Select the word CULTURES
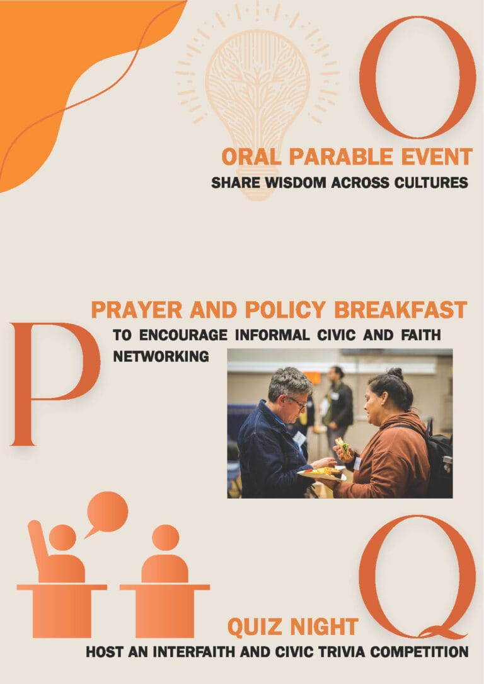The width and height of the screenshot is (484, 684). point(431,182)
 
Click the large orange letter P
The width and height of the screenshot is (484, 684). point(55,384)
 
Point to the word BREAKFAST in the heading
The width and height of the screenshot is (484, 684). point(400,310)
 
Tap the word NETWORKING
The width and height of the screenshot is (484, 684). point(161,356)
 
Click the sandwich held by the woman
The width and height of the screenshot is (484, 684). point(343,448)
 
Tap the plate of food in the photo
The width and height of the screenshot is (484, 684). point(322,473)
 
